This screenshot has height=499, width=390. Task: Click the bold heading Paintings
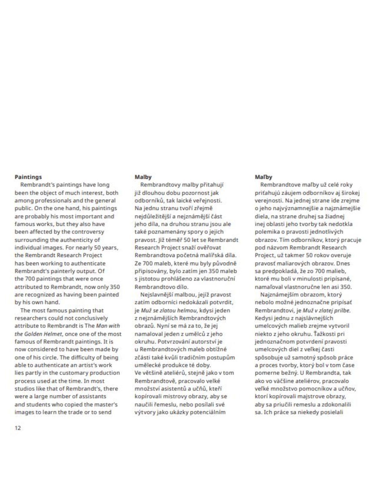28,177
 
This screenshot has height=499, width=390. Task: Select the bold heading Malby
143,177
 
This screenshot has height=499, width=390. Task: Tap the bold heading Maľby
263,177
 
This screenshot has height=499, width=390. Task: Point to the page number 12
18,428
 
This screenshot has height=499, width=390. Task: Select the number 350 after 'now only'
115,287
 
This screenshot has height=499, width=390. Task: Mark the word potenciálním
209,412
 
